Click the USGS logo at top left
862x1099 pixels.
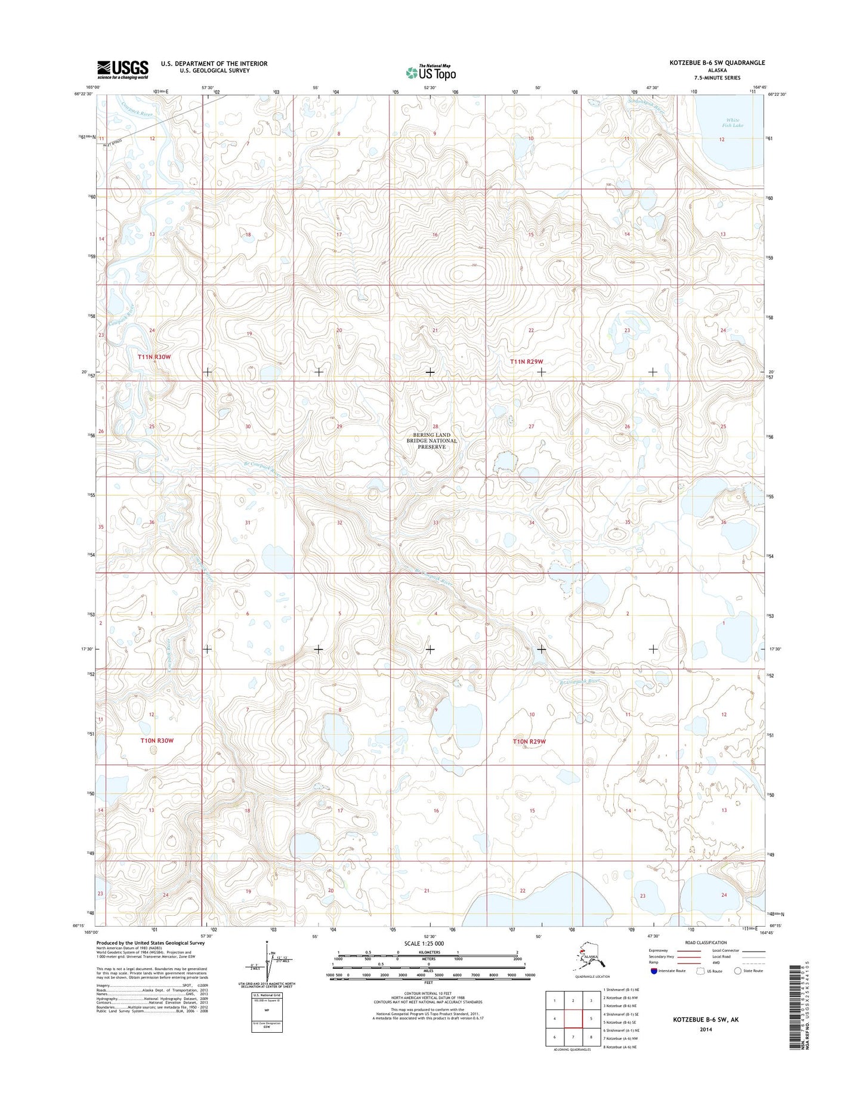[x=123, y=69]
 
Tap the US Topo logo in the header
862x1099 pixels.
[x=431, y=72]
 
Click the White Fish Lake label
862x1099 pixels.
[x=732, y=123]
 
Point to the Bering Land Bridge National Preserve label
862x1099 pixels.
[x=432, y=441]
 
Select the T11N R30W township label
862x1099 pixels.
[x=155, y=357]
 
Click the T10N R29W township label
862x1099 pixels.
[x=529, y=742]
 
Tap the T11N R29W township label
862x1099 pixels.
[x=527, y=362]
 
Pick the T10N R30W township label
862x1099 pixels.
[x=157, y=740]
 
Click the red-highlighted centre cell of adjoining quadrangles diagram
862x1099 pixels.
[x=573, y=1018]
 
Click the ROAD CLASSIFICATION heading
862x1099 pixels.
[x=706, y=943]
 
